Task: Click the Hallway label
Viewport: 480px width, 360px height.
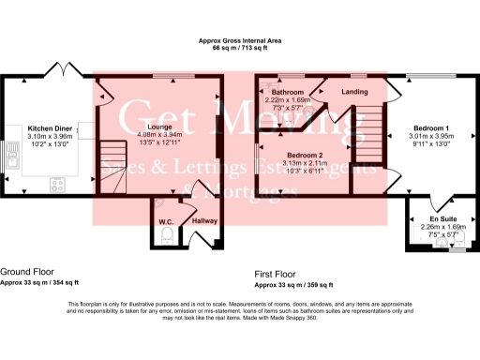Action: [204, 221]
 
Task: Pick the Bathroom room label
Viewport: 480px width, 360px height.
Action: [289, 92]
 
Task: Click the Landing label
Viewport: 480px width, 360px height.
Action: [354, 92]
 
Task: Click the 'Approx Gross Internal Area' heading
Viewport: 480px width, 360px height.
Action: [240, 40]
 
